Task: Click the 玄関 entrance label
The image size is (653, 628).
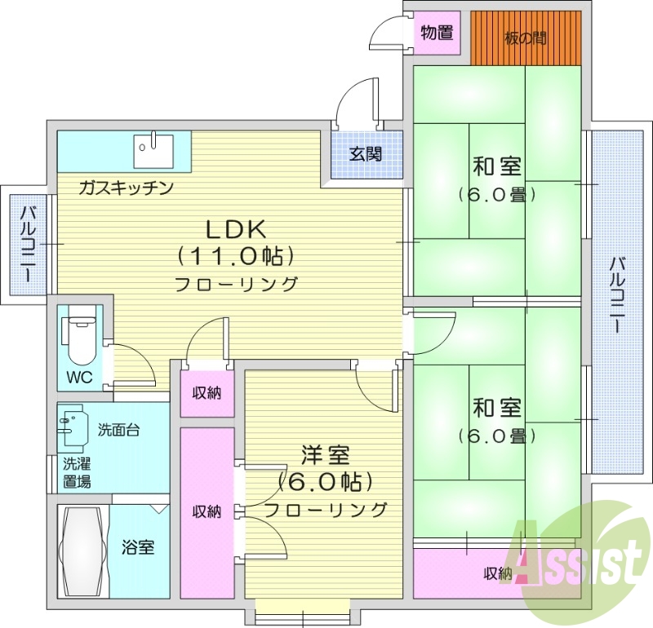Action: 366,153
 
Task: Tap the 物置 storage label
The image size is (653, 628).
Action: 437,33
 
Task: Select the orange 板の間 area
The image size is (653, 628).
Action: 526,38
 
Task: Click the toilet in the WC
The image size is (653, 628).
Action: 79,338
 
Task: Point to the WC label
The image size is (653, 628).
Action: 78,378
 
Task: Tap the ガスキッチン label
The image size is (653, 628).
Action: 127,188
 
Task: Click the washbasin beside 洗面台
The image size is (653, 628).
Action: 73,427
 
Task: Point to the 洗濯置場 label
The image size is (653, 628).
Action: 78,473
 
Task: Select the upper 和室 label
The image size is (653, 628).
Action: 496,168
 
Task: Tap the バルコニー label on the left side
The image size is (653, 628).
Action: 26,245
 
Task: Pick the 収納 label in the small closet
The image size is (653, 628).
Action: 207,393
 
